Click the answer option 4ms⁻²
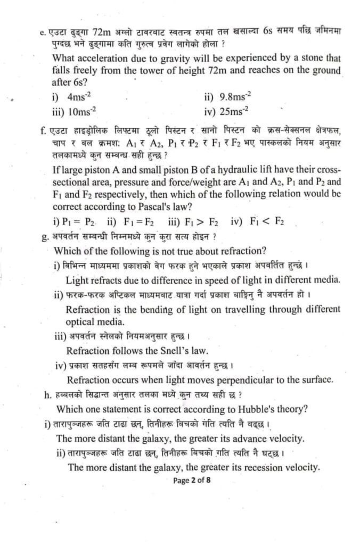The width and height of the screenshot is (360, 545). (x=79, y=97)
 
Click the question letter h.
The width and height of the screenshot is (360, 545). (x=48, y=395)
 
